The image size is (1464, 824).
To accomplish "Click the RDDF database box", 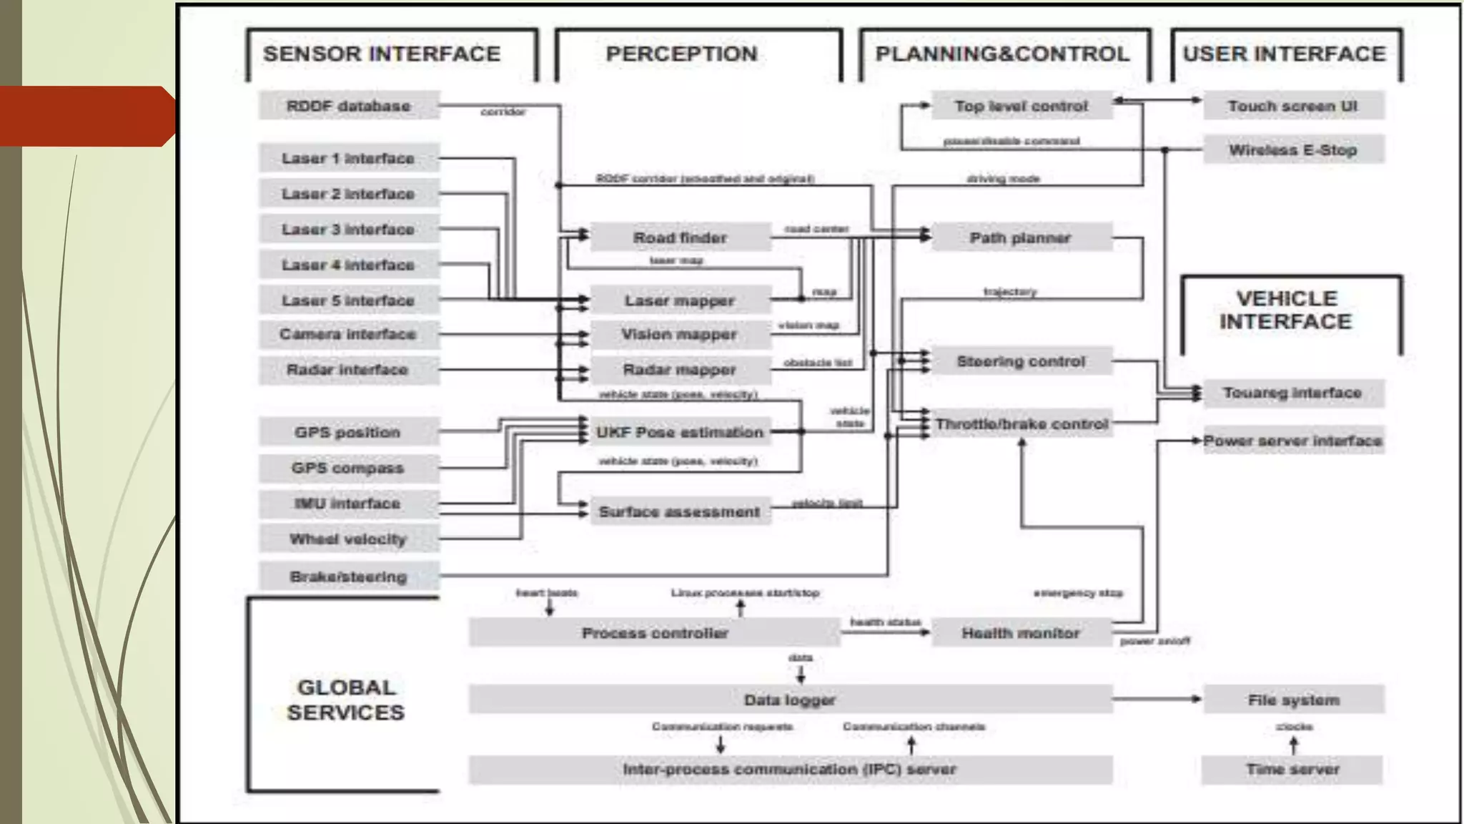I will pos(349,106).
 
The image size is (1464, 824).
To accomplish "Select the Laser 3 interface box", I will pos(349,230).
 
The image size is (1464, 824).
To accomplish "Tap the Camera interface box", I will pos(349,334).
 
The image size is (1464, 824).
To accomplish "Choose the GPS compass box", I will pos(349,469).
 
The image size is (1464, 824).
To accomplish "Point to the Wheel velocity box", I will pos(349,539).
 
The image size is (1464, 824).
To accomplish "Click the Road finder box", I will pos(681,237).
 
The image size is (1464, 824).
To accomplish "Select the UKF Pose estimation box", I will pos(681,432).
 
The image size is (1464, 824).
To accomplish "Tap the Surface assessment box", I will pos(681,512).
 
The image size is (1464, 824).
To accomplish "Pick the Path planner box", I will pos(1021,237).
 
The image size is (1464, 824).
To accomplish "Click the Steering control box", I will pos(1021,362).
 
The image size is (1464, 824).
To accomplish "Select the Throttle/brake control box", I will pos(1021,424).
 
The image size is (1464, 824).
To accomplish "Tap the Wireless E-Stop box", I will pos(1293,150).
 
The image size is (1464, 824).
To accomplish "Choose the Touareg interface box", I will pos(1293,393).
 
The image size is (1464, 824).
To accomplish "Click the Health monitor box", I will pos(1021,633).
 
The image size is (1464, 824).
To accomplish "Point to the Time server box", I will pos(1293,770).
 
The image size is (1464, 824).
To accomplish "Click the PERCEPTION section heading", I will pos(681,54).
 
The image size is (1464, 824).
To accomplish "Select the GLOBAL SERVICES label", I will pos(346,700).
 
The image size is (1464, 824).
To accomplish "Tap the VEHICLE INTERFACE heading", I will pos(1286,310).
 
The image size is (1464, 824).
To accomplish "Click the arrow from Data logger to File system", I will pos(1158,699).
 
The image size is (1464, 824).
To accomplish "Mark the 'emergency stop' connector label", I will pos(1078,593).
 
